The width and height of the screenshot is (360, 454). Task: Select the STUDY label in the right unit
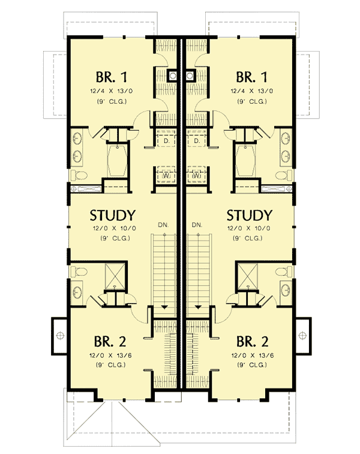pos(250,215)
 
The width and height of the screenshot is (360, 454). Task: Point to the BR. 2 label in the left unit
pos(110,342)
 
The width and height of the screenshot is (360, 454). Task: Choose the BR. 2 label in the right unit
pos(252,342)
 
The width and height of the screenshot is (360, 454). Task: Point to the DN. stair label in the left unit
pos(163,225)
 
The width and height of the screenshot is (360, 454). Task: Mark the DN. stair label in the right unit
pos(196,225)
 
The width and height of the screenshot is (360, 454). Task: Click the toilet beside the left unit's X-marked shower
pos(77,272)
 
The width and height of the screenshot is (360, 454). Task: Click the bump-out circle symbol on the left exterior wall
pos(59,333)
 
